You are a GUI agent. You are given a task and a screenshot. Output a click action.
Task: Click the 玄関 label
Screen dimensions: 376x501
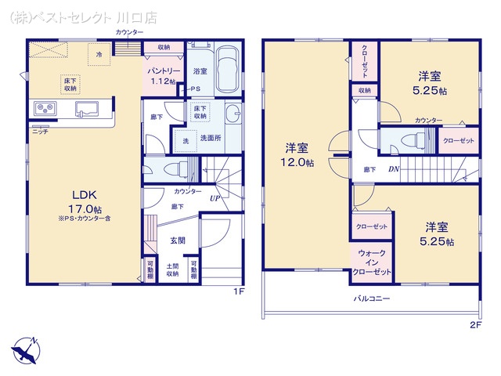(x=178, y=241)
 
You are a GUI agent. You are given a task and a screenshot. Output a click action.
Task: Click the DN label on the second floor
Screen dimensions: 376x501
(x=394, y=170)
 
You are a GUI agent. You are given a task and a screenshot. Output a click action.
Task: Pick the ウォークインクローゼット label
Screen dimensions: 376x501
(x=371, y=264)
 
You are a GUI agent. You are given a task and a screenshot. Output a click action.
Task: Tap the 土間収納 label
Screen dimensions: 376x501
(x=172, y=269)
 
